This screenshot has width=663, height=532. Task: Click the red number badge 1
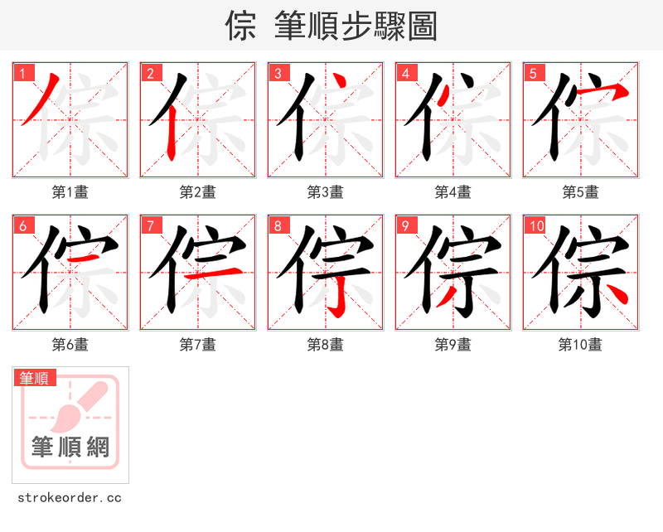point(22,73)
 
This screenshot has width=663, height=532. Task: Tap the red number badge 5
point(533,73)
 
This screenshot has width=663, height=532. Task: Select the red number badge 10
point(535,225)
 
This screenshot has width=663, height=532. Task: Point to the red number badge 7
point(150,225)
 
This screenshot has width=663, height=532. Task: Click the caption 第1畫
point(70,192)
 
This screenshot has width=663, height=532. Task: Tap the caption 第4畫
point(452,192)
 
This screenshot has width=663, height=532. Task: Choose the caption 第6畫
point(70,345)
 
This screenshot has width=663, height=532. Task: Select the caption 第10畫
point(580,345)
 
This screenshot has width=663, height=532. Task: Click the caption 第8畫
point(325,345)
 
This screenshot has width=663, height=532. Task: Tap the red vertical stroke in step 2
point(171,133)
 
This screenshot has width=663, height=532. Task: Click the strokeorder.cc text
point(70,498)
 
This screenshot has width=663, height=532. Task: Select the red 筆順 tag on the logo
point(35,378)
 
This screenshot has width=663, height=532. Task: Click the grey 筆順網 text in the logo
point(70,447)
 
